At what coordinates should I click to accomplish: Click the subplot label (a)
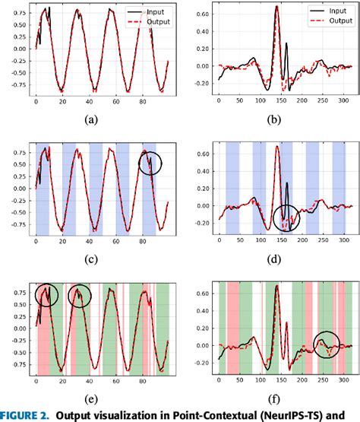tap(92, 119)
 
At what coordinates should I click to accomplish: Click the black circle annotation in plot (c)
tap(150, 163)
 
